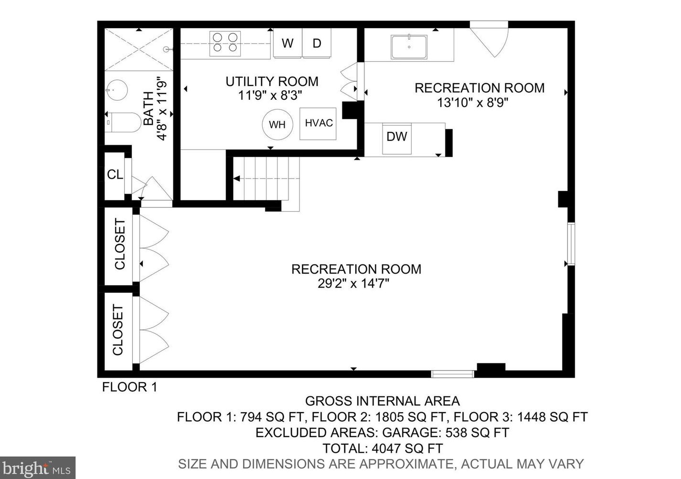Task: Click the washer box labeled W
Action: (x=287, y=43)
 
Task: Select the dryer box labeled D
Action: (x=317, y=43)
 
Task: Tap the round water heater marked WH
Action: (x=277, y=124)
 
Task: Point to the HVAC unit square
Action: (x=318, y=123)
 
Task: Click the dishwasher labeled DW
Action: (x=397, y=138)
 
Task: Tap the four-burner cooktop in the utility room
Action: (x=225, y=43)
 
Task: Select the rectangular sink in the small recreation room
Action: (x=409, y=47)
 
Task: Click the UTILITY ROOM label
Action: (x=272, y=82)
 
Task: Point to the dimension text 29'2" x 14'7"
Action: (x=353, y=284)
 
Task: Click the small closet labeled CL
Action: (x=115, y=175)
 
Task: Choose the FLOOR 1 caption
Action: (x=129, y=387)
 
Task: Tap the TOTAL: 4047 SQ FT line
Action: (x=383, y=448)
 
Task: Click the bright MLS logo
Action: (x=37, y=468)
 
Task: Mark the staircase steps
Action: (x=266, y=179)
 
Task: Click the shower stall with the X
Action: (x=139, y=50)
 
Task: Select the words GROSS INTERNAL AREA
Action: (x=383, y=401)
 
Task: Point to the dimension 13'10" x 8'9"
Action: (x=472, y=103)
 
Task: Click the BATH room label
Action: (x=149, y=108)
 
